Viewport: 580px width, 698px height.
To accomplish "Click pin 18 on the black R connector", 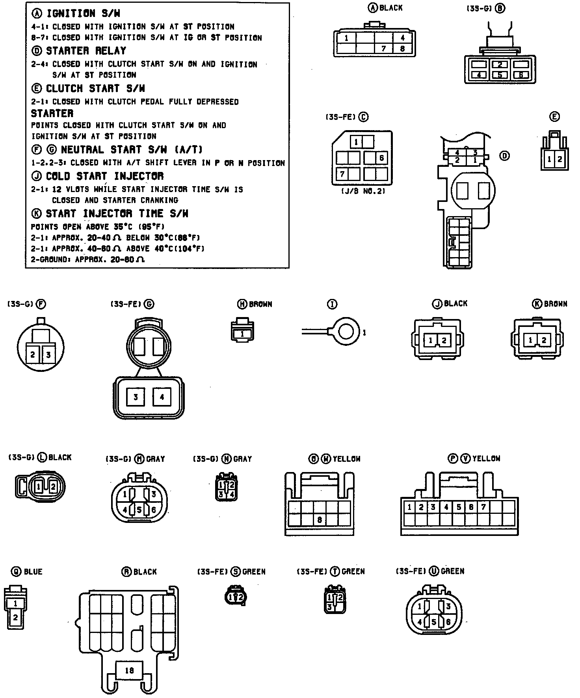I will point(129,670).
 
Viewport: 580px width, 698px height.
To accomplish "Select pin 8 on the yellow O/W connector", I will point(320,520).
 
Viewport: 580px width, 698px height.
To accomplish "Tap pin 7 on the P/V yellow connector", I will point(483,507).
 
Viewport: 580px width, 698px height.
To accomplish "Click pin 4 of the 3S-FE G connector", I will point(162,397).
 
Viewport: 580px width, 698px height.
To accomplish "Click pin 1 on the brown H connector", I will point(242,334).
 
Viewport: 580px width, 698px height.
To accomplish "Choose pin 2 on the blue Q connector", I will point(15,617).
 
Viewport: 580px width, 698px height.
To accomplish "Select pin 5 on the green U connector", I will point(434,622).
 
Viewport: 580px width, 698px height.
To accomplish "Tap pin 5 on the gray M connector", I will point(139,510).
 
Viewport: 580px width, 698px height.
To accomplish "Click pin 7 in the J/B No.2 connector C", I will point(342,174).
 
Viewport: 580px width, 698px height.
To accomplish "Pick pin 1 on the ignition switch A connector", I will point(346,38).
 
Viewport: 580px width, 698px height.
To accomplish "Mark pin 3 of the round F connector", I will point(48,355).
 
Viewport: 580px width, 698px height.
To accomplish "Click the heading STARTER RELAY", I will point(86,51).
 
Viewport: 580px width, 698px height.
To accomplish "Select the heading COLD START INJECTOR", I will point(104,176).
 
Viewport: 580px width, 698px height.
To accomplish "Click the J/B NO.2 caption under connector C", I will point(362,191).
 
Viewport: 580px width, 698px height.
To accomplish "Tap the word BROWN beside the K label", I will point(556,304).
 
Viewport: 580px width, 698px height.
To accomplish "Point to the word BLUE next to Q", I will point(33,572).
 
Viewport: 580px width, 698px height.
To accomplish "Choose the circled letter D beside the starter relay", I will point(504,156).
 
